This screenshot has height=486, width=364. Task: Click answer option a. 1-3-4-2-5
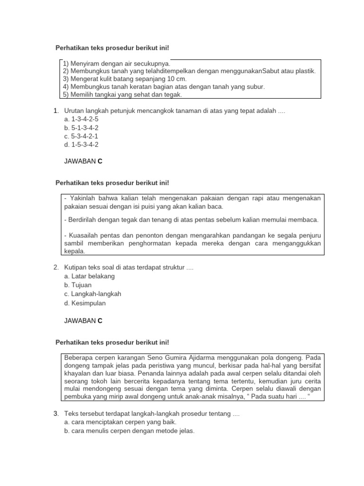pos(81,119)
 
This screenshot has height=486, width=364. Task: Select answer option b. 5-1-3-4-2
pos(81,128)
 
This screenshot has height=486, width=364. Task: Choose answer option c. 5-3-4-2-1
pos(81,136)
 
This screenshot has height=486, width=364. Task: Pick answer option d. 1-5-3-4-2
pos(81,145)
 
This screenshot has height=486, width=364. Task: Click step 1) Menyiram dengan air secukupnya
pos(117,63)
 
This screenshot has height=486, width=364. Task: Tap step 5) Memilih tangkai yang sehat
pos(122,94)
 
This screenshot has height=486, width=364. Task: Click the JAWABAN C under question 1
pos(83,161)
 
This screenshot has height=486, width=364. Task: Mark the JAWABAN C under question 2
pos(83,321)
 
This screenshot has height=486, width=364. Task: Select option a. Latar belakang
pos(89,276)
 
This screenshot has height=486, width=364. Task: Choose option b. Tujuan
pos(78,285)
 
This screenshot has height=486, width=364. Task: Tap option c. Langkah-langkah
pos(92,294)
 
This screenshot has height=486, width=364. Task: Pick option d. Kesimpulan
pos(85,303)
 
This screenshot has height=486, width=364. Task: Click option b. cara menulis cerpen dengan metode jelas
pos(129,431)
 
